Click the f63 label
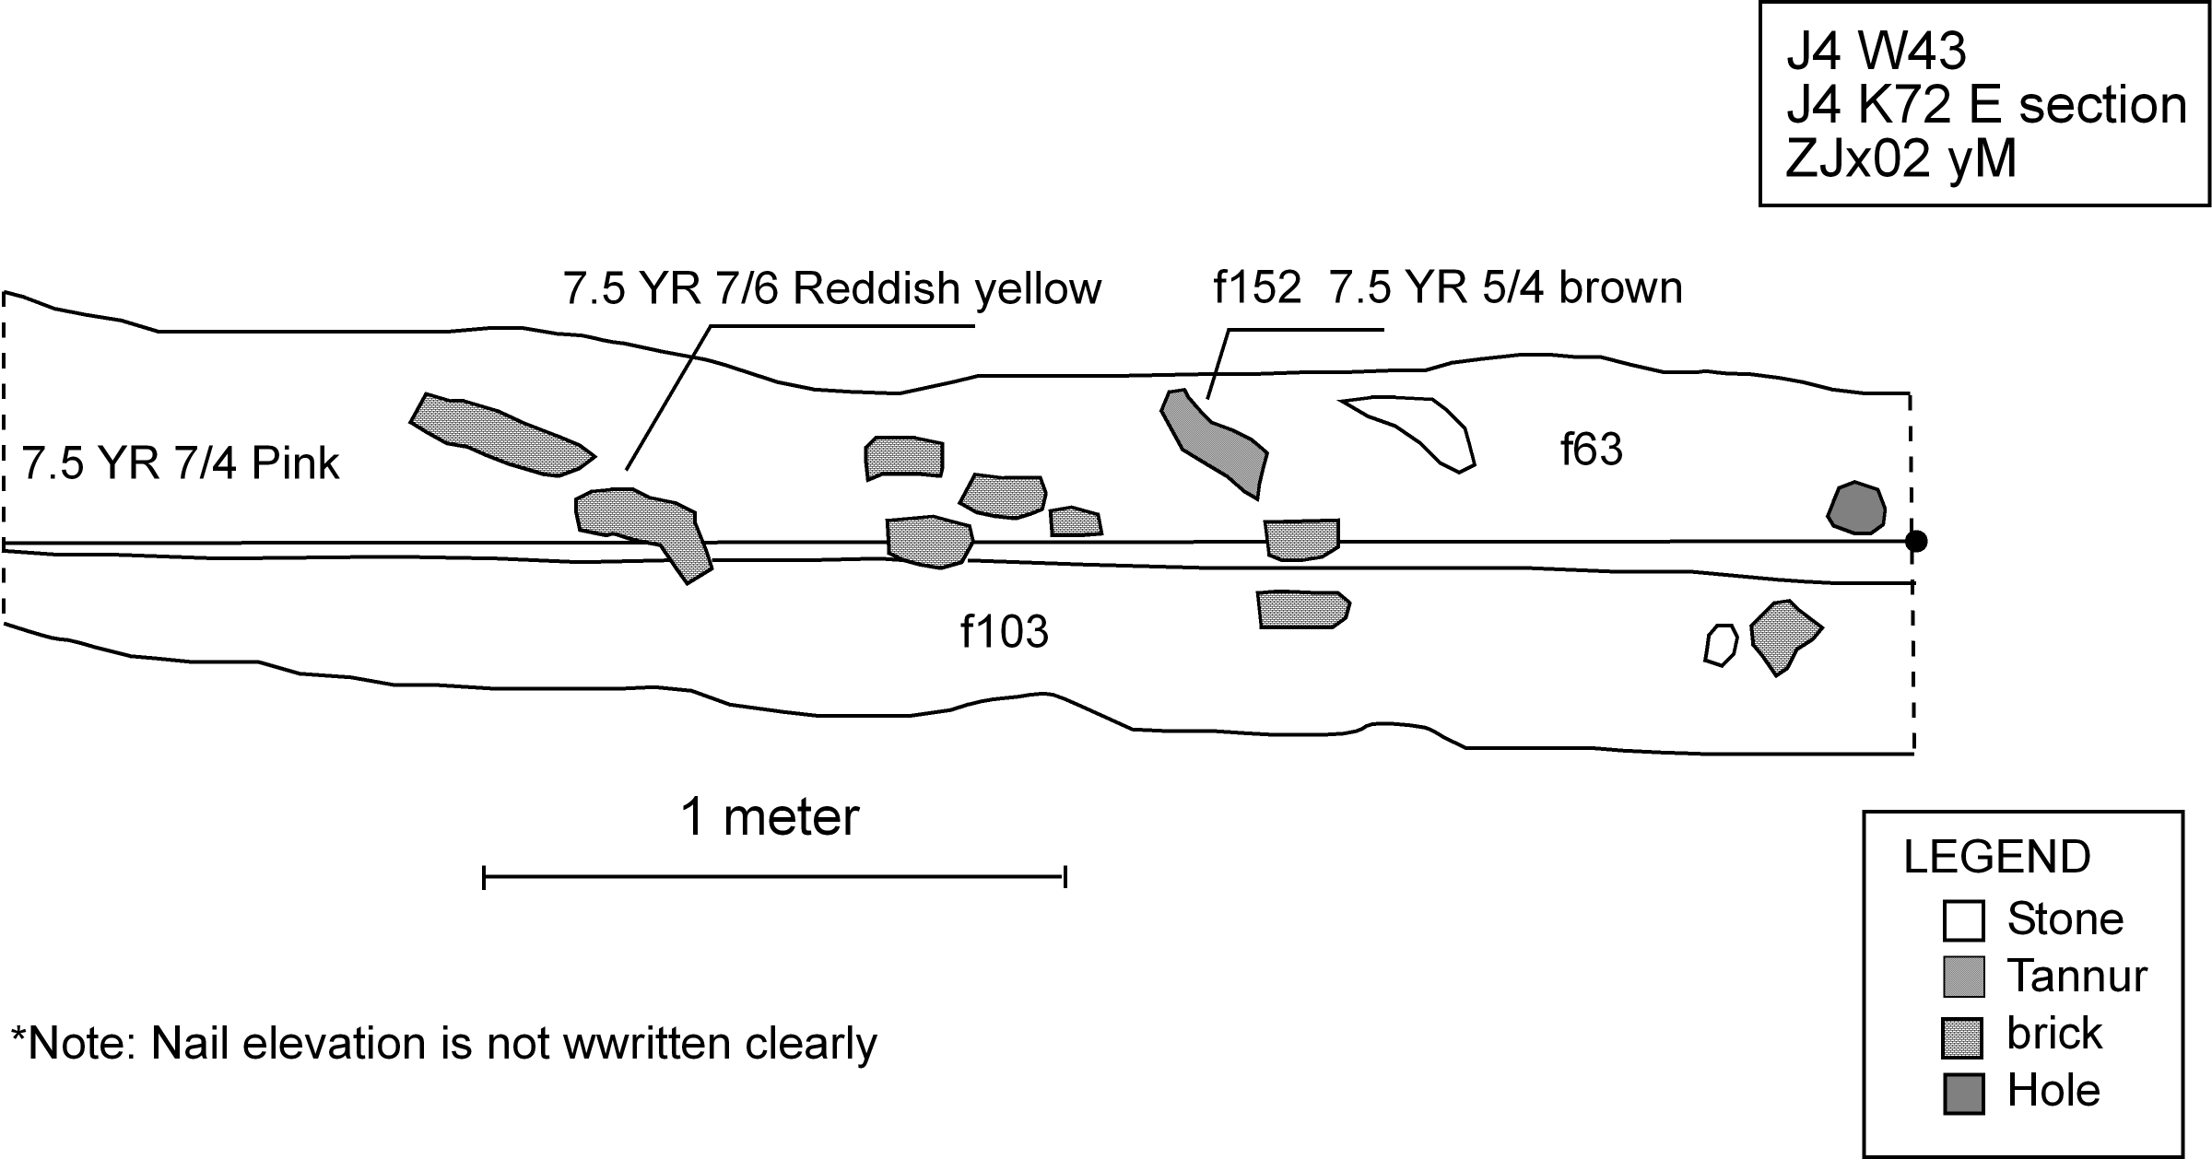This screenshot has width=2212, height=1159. click(x=1591, y=450)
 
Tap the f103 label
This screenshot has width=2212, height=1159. click(x=1005, y=632)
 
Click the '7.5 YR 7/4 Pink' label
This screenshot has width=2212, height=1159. click(x=181, y=462)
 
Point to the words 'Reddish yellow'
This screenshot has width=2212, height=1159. click(x=947, y=287)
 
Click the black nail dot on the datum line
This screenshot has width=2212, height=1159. click(x=1915, y=541)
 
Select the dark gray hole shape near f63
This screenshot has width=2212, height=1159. click(x=1856, y=508)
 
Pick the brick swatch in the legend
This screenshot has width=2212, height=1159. click(x=1963, y=1037)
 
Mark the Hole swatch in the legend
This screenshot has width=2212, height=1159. click(x=1963, y=1094)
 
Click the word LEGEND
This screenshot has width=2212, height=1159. click(x=1996, y=857)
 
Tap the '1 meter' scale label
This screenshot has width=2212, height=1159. click(x=770, y=816)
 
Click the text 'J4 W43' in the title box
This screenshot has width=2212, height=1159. click(x=1876, y=51)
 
